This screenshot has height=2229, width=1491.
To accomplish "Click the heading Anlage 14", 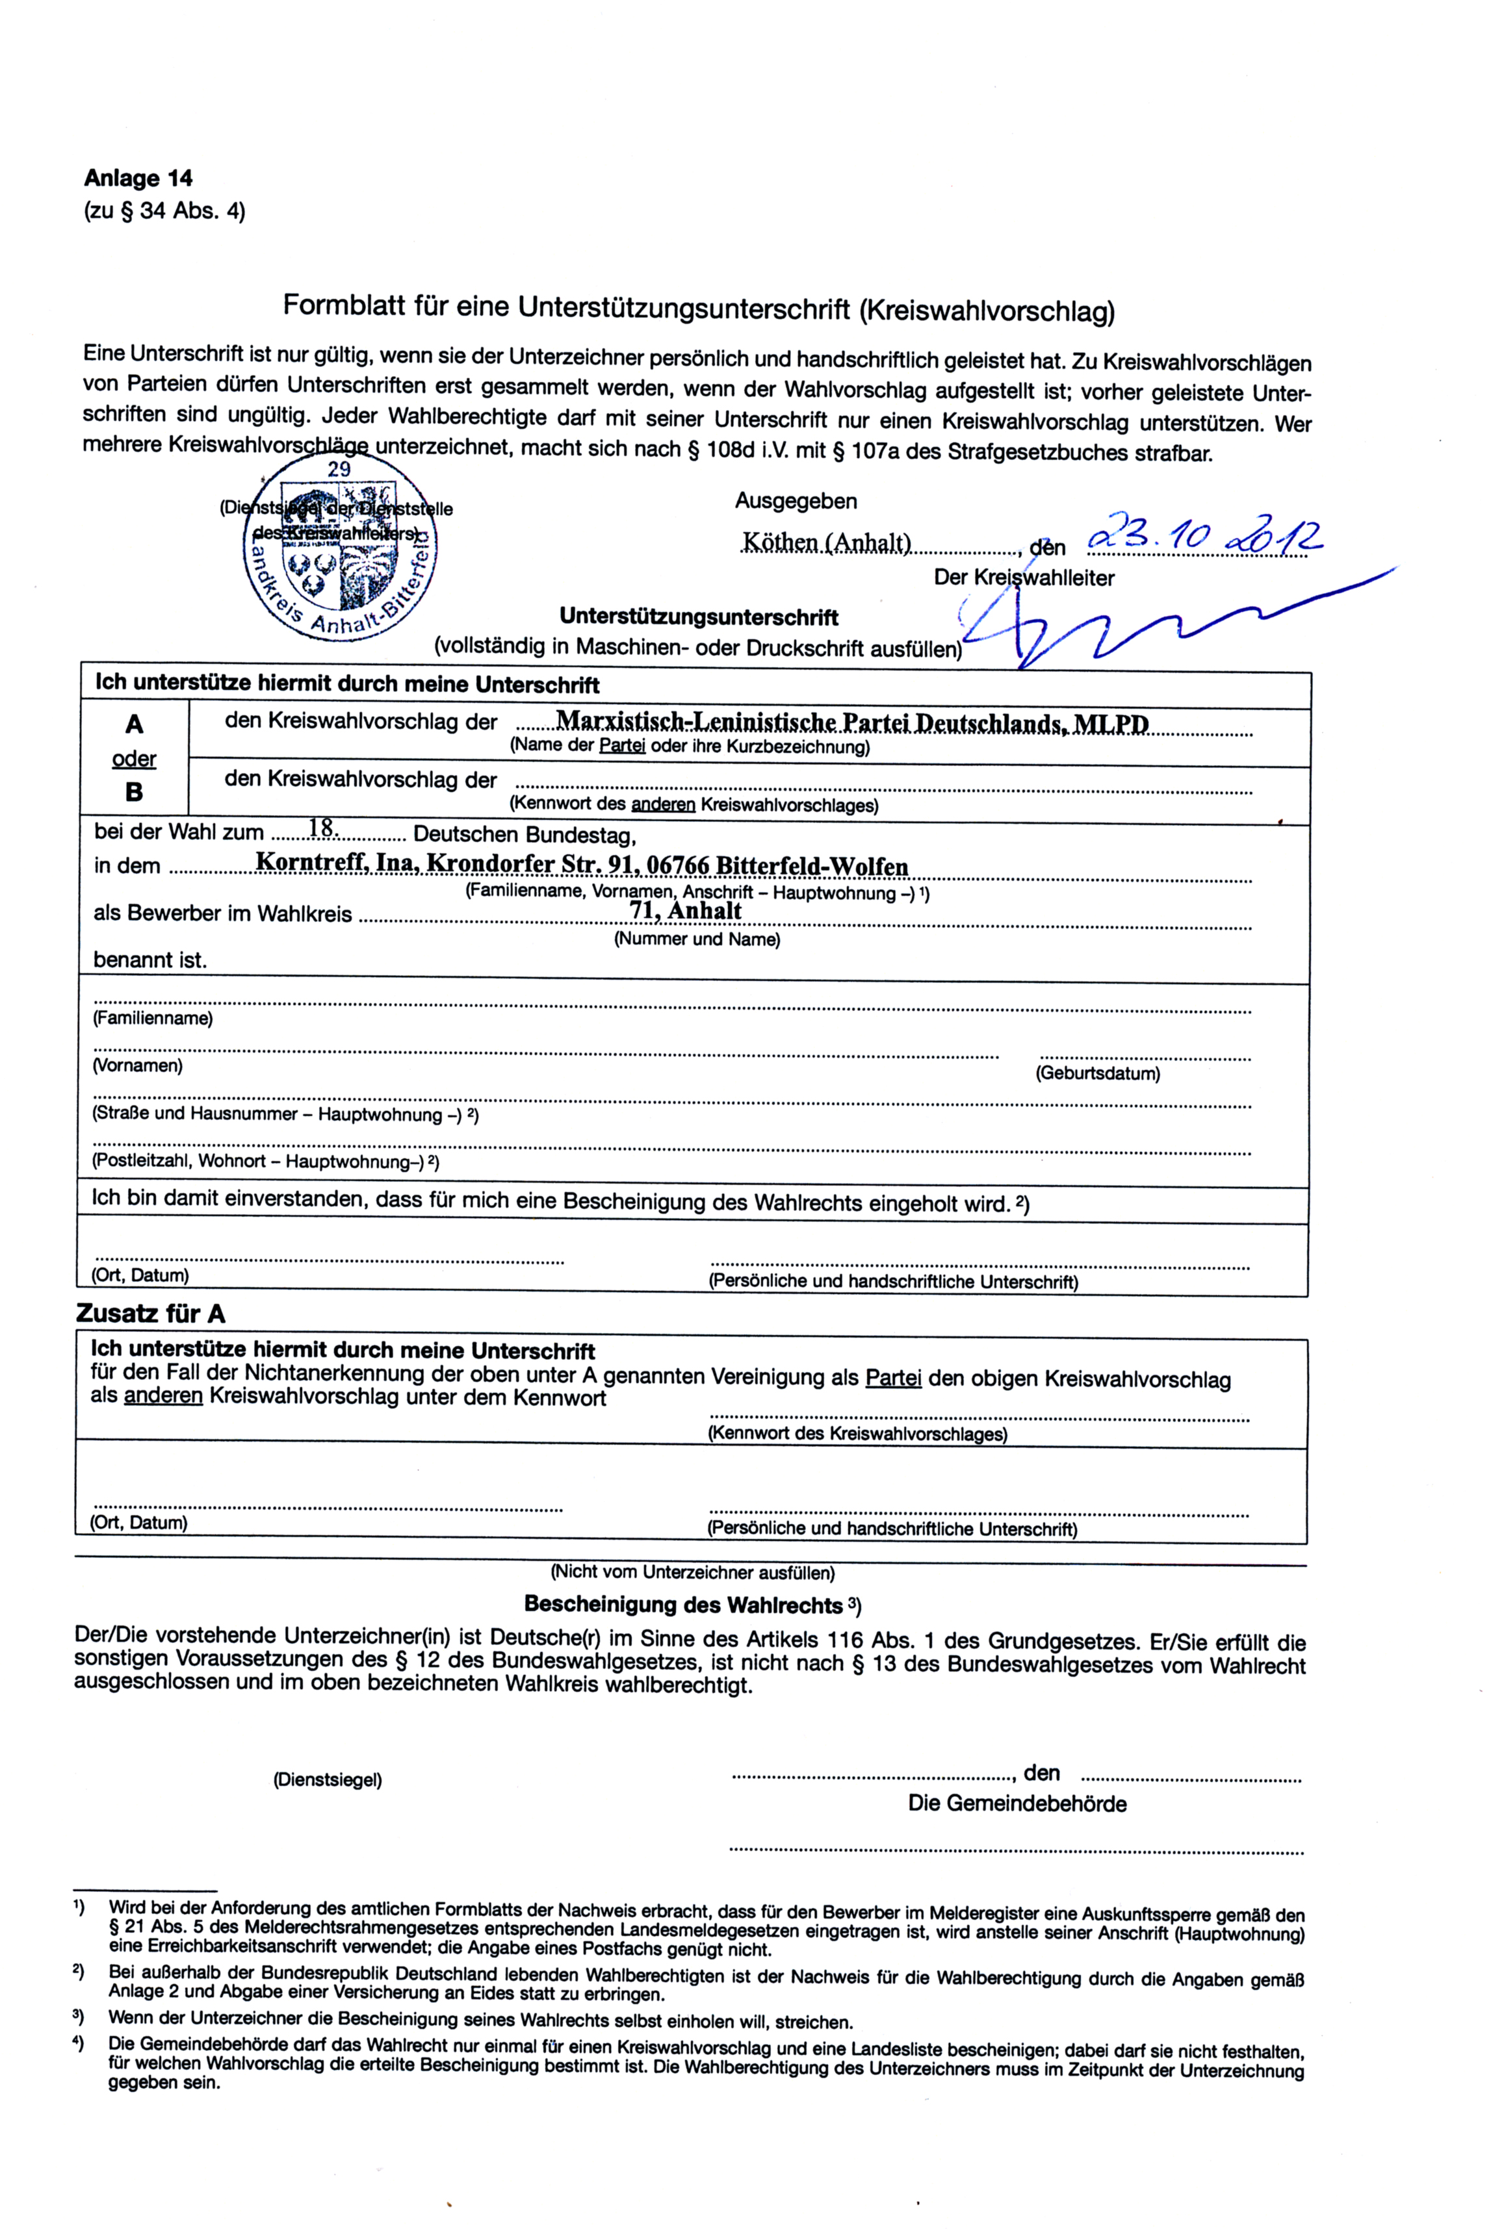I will (138, 178).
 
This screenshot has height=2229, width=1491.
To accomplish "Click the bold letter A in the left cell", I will (134, 724).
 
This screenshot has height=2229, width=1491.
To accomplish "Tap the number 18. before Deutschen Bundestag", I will (323, 829).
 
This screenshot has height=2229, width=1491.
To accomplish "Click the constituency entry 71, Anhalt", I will (684, 911).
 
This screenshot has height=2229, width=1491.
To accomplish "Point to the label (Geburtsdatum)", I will (1097, 1074).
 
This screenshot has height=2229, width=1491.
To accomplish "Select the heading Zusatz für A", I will (150, 1314).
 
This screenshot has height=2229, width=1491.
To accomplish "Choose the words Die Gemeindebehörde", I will (1017, 1803).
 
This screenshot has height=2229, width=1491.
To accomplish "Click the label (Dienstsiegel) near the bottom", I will (327, 1779).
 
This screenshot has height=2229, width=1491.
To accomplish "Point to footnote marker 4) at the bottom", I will (79, 2042).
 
